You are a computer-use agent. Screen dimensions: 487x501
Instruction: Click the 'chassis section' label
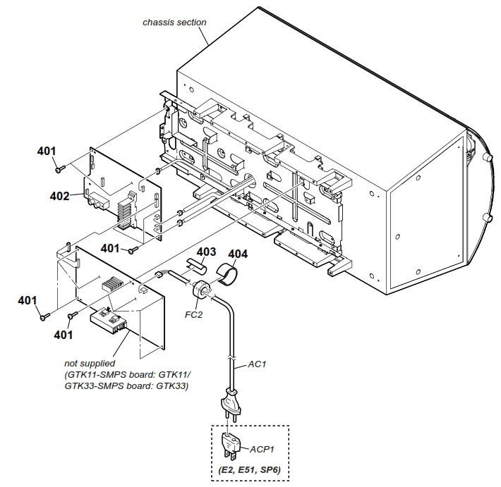click(x=174, y=22)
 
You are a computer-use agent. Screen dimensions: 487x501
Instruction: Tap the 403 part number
click(x=206, y=252)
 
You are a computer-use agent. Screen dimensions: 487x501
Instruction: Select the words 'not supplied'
click(x=92, y=364)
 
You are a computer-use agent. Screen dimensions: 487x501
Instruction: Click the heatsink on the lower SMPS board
click(x=111, y=286)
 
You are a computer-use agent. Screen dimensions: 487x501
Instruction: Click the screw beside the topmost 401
click(x=60, y=168)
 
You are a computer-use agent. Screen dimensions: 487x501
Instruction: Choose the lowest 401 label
click(x=64, y=335)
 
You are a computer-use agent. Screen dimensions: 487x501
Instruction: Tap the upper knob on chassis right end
click(x=486, y=159)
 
